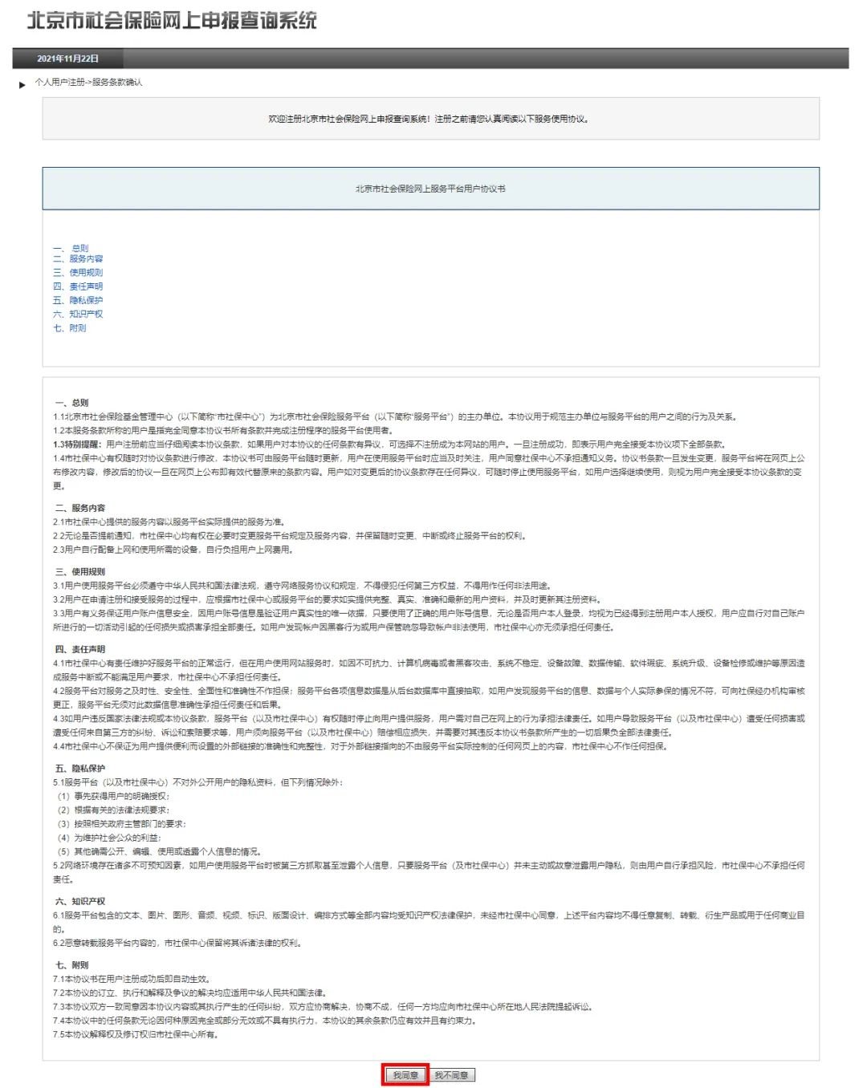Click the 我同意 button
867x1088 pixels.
405,1075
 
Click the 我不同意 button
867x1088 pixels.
452,1075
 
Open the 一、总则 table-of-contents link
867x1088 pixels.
71,248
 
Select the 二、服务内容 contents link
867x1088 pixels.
78,258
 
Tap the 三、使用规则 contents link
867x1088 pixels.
78,273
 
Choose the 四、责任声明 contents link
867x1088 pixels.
78,286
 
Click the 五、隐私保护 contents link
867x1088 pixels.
78,300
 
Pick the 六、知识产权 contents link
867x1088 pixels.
78,314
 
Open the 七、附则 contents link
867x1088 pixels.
70,328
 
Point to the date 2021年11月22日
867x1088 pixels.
67,59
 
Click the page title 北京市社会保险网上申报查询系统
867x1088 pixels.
172,21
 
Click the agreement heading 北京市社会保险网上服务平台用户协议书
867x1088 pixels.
430,189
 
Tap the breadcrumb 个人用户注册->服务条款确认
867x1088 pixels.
88,83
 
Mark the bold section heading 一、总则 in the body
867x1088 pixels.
71,403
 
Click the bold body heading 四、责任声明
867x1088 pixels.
79,649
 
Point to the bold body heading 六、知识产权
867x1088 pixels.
79,901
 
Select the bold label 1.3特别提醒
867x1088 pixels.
78,445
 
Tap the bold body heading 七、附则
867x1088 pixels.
71,965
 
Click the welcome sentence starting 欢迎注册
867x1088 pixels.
429,120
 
